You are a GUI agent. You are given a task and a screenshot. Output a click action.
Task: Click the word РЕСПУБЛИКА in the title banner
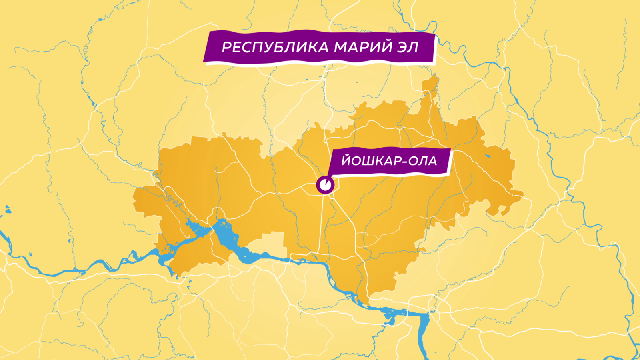pos(275,47)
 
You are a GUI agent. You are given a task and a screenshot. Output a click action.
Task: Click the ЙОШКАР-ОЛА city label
pos(389,161)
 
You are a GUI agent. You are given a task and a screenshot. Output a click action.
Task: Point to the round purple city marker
pos(325,185)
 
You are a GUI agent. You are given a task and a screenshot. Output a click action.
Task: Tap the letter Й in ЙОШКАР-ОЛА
pos(346,161)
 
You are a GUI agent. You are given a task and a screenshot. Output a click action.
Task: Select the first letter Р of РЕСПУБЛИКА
pos(227,48)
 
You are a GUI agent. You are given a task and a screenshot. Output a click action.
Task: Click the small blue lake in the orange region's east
pos(488,156)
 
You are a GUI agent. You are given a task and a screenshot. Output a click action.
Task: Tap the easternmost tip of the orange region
pos(522,195)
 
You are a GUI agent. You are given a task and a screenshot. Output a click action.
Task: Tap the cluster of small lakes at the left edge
pos(7,210)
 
